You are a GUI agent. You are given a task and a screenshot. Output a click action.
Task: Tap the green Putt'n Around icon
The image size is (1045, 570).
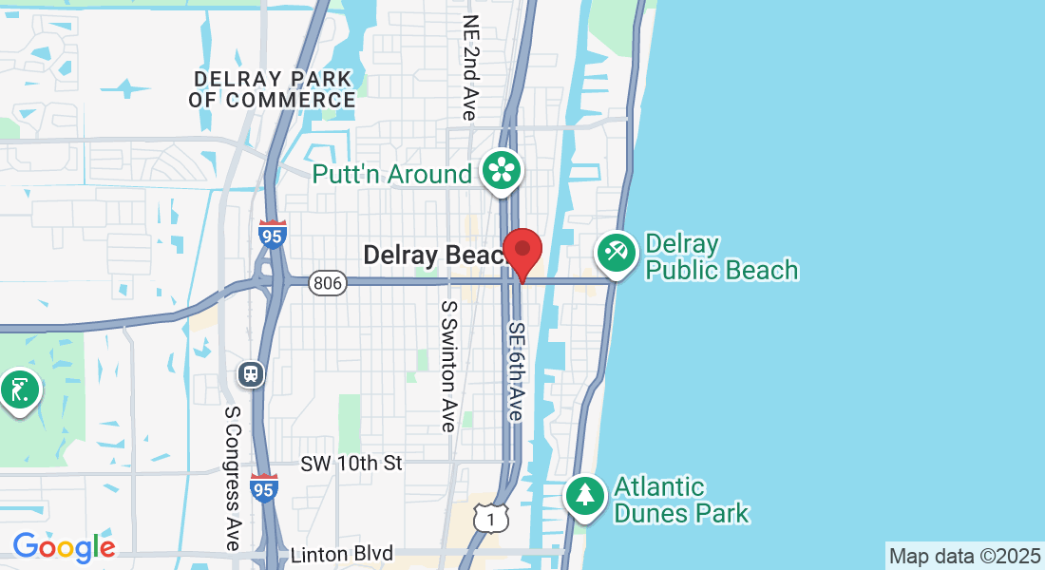pos(501,172)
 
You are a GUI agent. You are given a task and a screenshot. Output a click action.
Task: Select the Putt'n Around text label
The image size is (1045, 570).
pos(392,174)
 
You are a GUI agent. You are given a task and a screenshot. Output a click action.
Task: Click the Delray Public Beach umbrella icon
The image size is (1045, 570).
pos(616,253)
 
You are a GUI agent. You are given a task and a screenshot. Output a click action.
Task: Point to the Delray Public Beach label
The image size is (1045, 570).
pos(722,257)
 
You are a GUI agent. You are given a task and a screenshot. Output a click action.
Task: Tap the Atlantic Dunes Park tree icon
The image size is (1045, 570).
pos(585,495)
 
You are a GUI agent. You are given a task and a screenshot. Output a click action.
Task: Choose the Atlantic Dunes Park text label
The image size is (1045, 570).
pos(681,501)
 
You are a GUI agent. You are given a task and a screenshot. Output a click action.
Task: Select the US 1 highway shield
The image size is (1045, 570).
pos(490,519)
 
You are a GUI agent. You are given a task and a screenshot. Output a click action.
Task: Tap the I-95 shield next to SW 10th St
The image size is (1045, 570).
pos(265,488)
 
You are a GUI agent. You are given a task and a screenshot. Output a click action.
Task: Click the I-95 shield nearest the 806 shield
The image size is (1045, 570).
pos(272,235)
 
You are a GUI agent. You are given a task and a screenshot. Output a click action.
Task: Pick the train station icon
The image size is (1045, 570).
pos(251,374)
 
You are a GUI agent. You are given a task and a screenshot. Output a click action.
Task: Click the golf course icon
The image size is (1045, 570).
pos(19,389)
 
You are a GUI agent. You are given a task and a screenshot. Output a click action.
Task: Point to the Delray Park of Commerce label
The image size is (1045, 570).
pos(272,88)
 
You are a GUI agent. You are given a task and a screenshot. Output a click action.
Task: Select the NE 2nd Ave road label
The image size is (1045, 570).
pos(470,66)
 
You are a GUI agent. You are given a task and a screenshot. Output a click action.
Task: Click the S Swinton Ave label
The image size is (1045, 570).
pos(448,366)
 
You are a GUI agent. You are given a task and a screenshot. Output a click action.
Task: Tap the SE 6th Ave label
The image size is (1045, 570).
pos(516,371)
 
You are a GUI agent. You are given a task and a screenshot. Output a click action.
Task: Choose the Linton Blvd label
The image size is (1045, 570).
pos(342,554)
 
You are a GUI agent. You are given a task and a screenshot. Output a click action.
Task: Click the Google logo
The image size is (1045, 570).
pos(64,547)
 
